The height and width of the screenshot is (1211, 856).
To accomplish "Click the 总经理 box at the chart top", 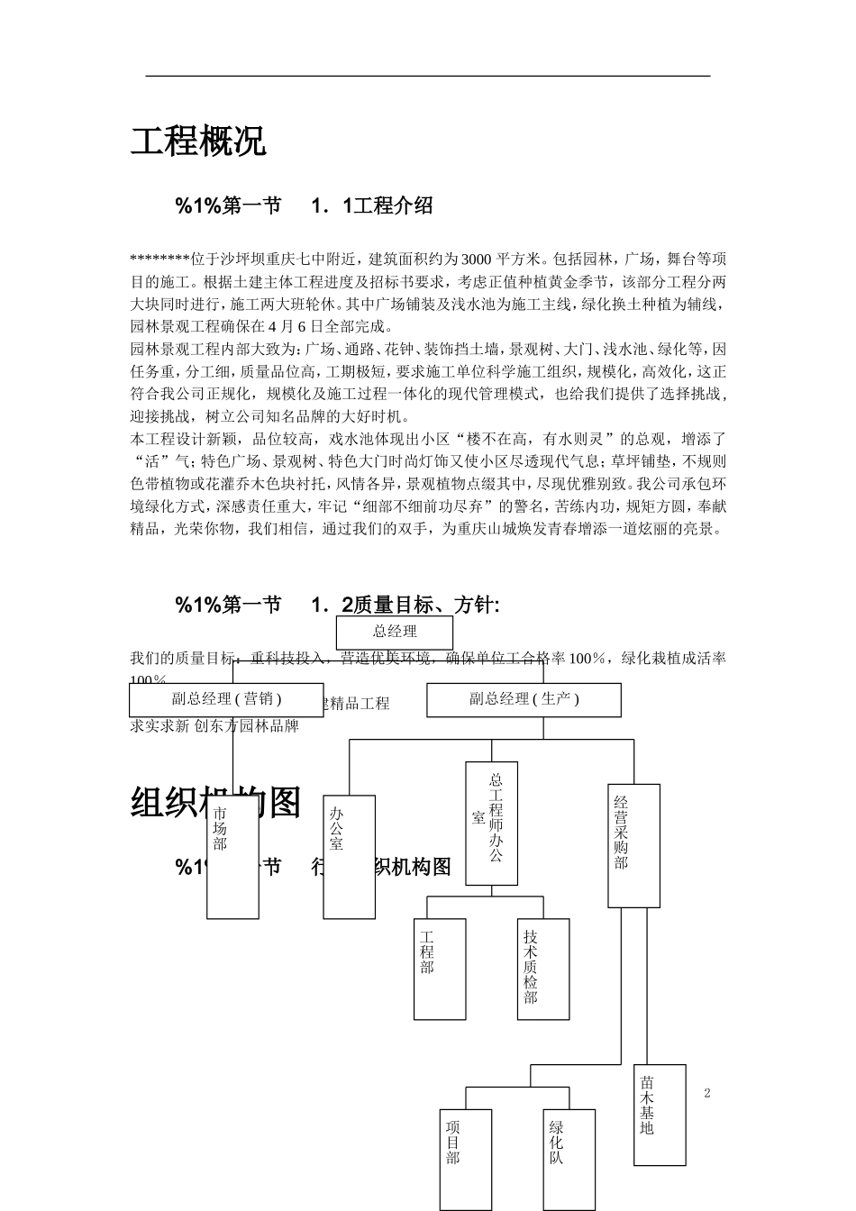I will pos(395,632).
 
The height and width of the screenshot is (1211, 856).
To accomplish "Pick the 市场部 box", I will pos(232,856).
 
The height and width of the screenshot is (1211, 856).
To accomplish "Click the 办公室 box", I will pos(349,856).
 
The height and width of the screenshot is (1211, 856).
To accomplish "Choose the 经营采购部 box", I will pos(633,845).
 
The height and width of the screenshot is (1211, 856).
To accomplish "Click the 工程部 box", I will pos(440,969).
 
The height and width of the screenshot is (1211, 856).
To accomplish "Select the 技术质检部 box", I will pos(543,969).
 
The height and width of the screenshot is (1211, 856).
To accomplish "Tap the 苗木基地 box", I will pos(660,1115).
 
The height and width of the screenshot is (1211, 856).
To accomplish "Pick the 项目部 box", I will pos(466,1158).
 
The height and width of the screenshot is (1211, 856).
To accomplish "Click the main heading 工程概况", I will pos(198,141).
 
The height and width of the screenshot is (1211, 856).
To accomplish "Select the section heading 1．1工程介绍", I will pos(371,206).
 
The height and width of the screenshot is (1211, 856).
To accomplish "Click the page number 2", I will pos(707,1094).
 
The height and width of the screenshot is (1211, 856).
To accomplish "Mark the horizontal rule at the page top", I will pos(428,77).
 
